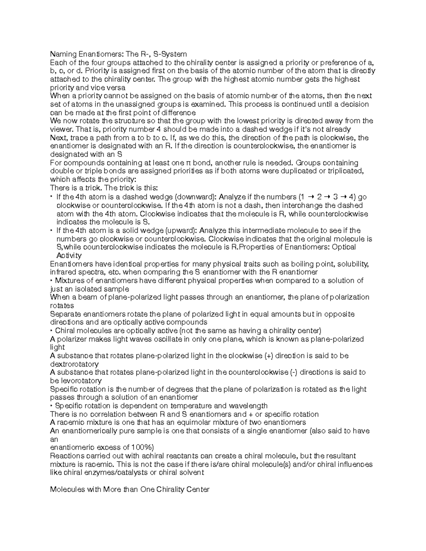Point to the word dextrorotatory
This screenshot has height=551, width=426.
[x=74, y=364]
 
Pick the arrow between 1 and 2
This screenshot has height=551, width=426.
[x=311, y=197]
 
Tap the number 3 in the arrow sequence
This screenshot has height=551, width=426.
[x=335, y=197]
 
